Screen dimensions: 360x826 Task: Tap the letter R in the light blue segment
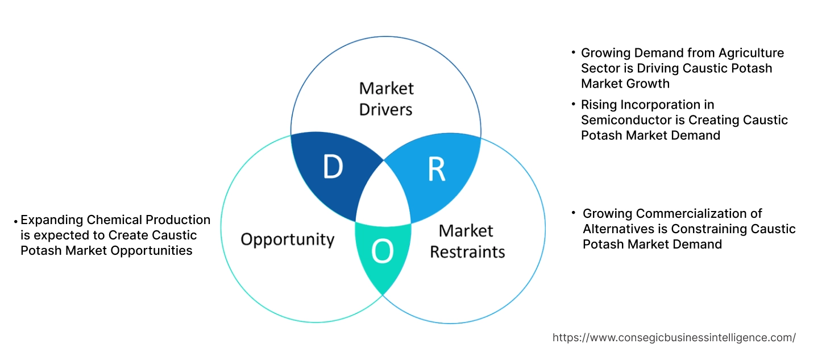pyautogui.click(x=437, y=169)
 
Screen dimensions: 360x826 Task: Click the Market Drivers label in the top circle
pyautogui.click(x=386, y=98)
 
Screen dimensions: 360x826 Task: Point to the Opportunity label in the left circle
pyautogui.click(x=287, y=239)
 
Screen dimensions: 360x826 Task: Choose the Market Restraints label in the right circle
pyautogui.click(x=467, y=241)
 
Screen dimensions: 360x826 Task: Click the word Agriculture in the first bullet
pyautogui.click(x=751, y=53)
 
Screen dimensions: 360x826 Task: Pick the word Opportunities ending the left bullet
pyautogui.click(x=153, y=251)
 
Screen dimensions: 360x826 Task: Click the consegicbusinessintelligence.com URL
pyautogui.click(x=674, y=338)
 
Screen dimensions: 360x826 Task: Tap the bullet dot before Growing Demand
pyautogui.click(x=573, y=53)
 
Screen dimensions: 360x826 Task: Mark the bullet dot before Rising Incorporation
pyautogui.click(x=573, y=105)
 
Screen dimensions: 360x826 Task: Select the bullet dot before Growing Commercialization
pyautogui.click(x=574, y=214)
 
